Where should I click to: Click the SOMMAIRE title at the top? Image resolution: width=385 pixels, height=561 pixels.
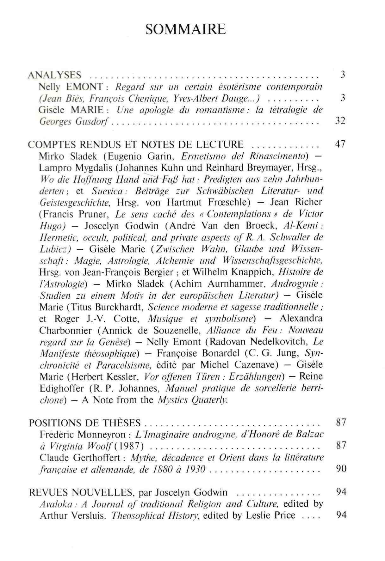point(186,29)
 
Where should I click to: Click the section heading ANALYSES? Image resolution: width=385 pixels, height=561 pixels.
point(54,75)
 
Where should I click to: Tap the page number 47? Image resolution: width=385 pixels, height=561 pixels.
point(340,144)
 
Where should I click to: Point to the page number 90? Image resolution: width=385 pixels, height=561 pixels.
point(341,468)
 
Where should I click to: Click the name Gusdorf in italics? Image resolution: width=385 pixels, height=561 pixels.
point(93,122)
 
